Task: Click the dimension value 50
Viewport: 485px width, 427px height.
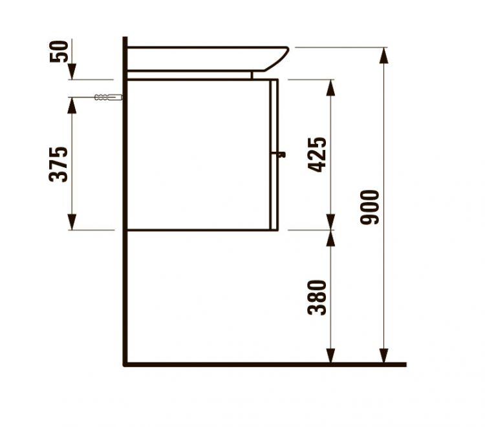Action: point(59,50)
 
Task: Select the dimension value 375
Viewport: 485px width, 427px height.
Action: point(59,164)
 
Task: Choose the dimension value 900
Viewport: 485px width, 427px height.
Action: point(371,207)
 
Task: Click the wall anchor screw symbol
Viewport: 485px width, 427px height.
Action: point(107,98)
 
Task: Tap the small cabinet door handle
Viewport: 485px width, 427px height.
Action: point(281,154)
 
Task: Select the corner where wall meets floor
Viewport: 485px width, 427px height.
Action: point(125,364)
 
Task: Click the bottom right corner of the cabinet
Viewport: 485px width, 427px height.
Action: point(278,229)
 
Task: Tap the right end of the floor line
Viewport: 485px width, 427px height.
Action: point(405,364)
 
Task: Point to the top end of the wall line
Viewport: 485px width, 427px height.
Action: point(125,39)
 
